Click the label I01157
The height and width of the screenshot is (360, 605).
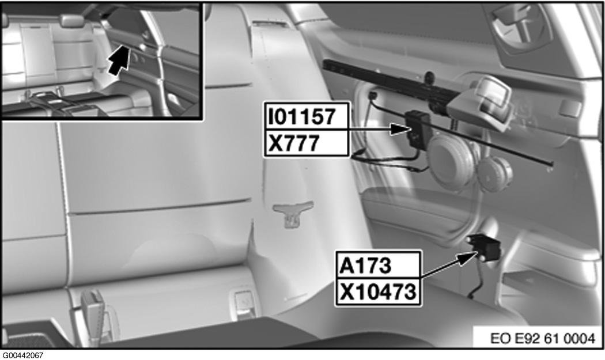(302, 116)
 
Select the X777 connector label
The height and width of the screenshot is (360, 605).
(294, 143)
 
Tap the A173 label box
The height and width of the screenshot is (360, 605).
(365, 266)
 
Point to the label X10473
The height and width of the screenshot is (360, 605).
(378, 292)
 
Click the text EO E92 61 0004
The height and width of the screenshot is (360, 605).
(543, 338)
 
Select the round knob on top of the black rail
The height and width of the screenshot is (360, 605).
(429, 77)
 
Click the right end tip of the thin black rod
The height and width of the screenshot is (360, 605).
(552, 164)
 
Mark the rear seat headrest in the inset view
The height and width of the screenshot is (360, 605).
(73, 20)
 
